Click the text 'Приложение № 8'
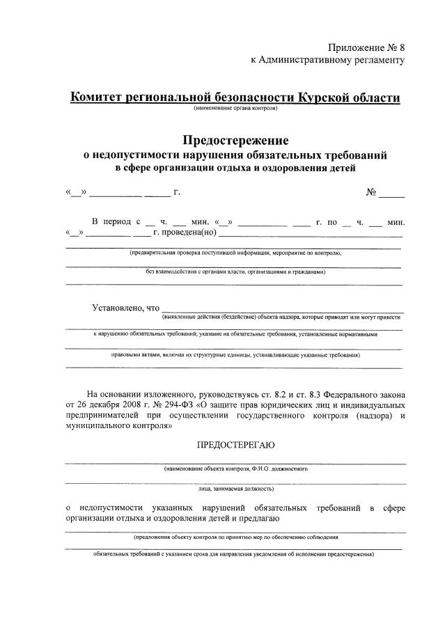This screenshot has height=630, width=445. point(366,47)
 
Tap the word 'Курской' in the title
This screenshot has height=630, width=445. point(319,97)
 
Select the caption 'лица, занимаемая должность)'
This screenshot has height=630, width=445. point(235,489)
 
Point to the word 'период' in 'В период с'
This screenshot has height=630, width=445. point(116,222)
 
